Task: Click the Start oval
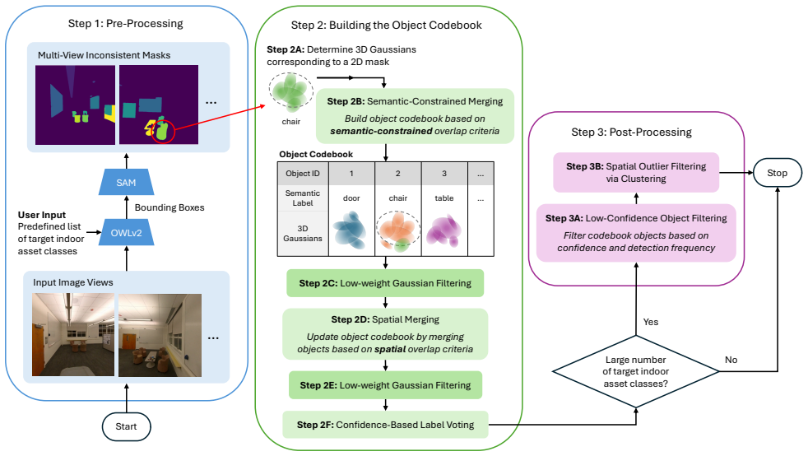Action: pyautogui.click(x=126, y=426)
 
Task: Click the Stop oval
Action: pyautogui.click(x=777, y=173)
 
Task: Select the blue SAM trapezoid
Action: pyautogui.click(x=126, y=183)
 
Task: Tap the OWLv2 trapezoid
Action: pyautogui.click(x=126, y=232)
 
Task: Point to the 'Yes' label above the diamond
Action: pyautogui.click(x=650, y=322)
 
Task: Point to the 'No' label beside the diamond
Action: pyautogui.click(x=731, y=360)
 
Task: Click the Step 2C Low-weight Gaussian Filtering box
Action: pyautogui.click(x=385, y=283)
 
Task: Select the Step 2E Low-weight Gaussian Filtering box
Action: pyautogui.click(x=385, y=385)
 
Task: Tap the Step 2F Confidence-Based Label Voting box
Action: pyautogui.click(x=385, y=425)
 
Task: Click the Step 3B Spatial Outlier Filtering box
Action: pyautogui.click(x=636, y=173)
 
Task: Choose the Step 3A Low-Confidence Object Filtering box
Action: pyautogui.click(x=636, y=233)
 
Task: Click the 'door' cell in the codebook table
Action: pyautogui.click(x=351, y=198)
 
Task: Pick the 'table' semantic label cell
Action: pyautogui.click(x=444, y=198)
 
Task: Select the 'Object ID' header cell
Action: pyautogui.click(x=303, y=174)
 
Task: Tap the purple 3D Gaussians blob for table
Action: pyautogui.click(x=443, y=230)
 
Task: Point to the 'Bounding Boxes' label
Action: pyautogui.click(x=169, y=207)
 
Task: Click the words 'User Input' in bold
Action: pyautogui.click(x=42, y=215)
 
